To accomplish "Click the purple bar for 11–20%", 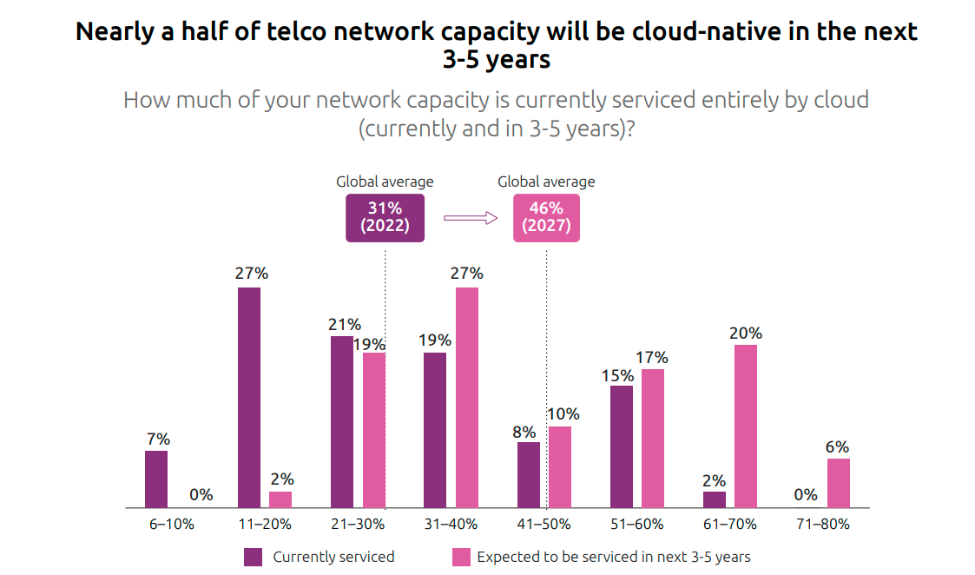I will pos(248,397).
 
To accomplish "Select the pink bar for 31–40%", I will pos(466,397).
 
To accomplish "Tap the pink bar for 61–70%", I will pos(745,426).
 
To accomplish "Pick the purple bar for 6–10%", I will pos(156,479).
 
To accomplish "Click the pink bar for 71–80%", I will pos(838,483).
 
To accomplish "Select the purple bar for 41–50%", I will pos(529,474).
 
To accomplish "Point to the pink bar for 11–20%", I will pos(280,499).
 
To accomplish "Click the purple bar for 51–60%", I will pos(622,446).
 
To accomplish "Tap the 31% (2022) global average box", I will pos(385,217).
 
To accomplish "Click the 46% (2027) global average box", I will pos(546,217).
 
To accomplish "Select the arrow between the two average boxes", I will pos(470,218).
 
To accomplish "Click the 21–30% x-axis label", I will pos(358,525).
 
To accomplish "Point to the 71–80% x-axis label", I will pos(822,525).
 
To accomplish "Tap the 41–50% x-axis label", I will pos(543,525).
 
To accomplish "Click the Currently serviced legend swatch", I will pos(254,557).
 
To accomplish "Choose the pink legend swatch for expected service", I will pos(461,557).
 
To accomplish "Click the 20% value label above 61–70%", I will pos(746,334).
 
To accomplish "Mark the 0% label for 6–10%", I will pos(201,495).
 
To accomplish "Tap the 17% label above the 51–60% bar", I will pos(652,358).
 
